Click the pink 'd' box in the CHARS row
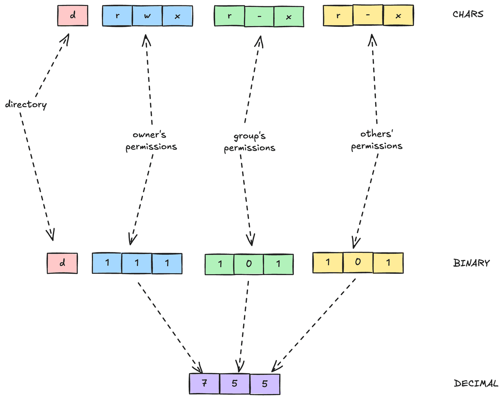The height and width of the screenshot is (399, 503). point(73,16)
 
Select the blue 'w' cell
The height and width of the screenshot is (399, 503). point(148,16)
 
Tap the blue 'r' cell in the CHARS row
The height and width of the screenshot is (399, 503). point(117,16)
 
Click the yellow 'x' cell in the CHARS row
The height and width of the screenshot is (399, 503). point(399,16)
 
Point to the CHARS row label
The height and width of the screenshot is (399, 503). point(468,14)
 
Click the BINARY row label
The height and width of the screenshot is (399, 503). point(471,264)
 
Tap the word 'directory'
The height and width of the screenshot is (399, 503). point(26,104)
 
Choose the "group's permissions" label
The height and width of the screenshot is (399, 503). point(250,142)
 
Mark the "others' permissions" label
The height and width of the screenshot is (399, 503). point(376,140)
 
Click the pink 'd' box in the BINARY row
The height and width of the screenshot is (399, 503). point(62,263)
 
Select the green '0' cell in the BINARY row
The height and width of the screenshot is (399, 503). point(249,264)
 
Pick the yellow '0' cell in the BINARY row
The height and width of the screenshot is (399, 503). point(358,263)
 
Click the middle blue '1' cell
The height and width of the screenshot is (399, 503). point(137,263)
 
